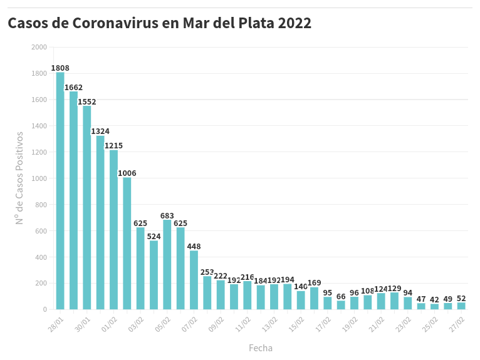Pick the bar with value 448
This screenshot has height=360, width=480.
coord(194,279)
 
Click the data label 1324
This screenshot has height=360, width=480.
coord(100,131)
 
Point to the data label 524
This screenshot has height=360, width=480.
coord(154,237)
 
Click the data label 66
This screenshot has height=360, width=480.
coord(341,297)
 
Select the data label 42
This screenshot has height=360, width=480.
coord(434,300)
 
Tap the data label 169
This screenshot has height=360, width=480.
coord(314,283)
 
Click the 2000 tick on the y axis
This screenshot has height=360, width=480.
coord(39,48)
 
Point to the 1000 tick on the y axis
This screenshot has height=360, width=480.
coord(39,178)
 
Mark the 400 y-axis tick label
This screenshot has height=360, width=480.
coord(41,257)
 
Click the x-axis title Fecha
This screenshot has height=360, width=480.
coord(261,348)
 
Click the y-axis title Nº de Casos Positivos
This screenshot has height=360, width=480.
coord(19,178)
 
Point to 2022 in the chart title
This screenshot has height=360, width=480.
coord(295,24)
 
